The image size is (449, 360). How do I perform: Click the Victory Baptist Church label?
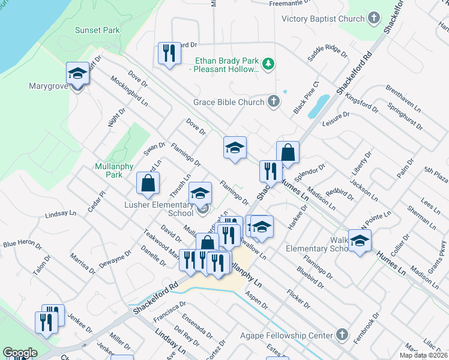(x=323, y=19)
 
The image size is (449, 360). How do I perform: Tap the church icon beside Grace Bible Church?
(x=274, y=101)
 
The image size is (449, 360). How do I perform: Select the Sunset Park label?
(x=97, y=30)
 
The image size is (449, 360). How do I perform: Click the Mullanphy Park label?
(x=109, y=170)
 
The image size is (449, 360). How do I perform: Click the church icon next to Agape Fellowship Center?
(x=342, y=334)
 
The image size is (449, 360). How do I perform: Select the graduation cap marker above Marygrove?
(x=77, y=73)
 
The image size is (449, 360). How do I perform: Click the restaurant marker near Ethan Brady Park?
(x=169, y=53)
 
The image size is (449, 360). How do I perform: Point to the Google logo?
(x=20, y=352)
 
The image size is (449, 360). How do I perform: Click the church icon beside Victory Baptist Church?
(x=374, y=18)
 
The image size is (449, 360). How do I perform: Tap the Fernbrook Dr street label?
(x=366, y=328)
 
